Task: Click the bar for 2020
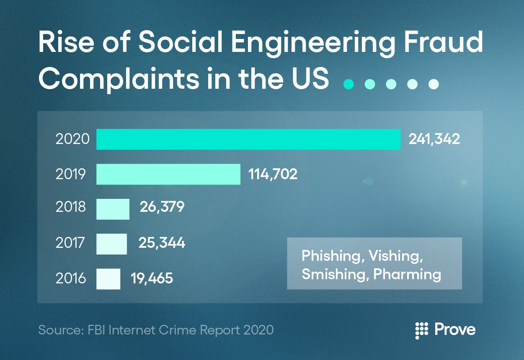[248, 139]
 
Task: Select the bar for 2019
[168, 174]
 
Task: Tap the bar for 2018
[113, 209]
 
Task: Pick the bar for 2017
[111, 244]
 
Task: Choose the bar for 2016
[108, 279]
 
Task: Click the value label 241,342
[434, 139]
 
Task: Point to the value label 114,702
[273, 174]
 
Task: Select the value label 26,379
[162, 207]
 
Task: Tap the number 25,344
[162, 243]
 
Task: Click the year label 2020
[72, 139]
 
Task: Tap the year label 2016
[71, 278]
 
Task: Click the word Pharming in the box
[407, 275]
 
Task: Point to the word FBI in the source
[96, 330]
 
